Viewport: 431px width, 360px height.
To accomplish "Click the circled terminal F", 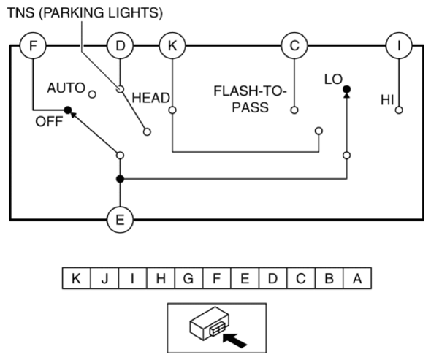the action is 33,45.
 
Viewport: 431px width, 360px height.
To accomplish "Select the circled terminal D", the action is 120,45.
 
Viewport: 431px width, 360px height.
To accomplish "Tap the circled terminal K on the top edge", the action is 172,45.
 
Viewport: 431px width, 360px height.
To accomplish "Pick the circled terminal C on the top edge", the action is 294,45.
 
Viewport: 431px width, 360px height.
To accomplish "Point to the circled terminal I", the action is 399,45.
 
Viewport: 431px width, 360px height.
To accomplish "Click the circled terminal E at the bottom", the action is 120,220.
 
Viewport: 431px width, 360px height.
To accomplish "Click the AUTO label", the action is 66,88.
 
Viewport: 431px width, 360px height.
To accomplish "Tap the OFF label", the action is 49,121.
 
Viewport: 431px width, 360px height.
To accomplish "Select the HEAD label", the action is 150,98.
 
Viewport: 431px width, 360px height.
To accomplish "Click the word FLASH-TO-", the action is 250,91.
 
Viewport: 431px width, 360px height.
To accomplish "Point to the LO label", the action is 333,80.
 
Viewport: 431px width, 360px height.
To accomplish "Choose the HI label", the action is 387,100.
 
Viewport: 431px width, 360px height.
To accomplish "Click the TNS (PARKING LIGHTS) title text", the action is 85,12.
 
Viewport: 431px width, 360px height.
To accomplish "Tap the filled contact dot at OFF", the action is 68,110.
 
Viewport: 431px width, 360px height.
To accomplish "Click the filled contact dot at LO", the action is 347,89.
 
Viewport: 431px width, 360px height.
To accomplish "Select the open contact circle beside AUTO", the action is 92,94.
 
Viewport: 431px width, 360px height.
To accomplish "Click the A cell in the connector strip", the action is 357,278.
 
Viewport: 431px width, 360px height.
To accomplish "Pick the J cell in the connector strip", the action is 104,278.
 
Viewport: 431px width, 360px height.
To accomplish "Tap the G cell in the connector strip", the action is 188,278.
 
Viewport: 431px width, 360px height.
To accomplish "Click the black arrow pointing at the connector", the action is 234,341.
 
